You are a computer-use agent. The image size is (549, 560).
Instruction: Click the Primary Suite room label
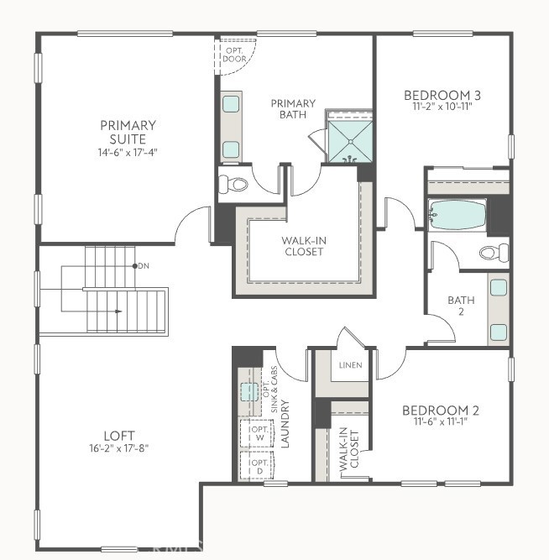(128, 132)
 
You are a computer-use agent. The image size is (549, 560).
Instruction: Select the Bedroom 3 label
(442, 95)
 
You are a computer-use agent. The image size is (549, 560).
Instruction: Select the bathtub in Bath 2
(457, 215)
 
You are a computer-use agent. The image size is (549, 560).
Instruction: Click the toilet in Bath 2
(493, 252)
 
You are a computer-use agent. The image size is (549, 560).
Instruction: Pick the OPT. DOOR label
(234, 55)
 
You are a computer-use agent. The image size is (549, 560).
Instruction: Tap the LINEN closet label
(349, 366)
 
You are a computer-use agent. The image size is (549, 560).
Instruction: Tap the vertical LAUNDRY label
(285, 424)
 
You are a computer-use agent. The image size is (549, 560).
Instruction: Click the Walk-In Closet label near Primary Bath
(303, 245)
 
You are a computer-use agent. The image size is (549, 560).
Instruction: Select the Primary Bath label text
(292, 109)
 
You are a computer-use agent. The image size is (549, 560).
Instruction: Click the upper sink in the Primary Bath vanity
(230, 104)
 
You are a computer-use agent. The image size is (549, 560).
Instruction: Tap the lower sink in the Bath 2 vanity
(498, 329)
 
